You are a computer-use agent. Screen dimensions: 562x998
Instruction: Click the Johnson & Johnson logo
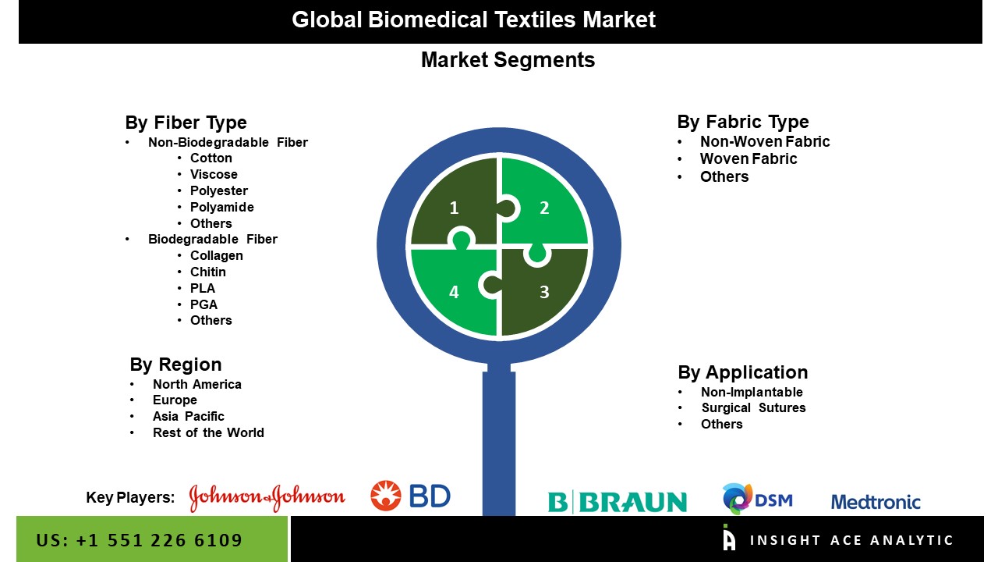[x=267, y=497]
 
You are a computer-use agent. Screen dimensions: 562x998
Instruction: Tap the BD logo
[x=410, y=496]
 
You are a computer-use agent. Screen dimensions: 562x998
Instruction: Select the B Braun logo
[x=618, y=502]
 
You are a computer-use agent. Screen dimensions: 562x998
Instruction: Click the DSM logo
[x=757, y=499]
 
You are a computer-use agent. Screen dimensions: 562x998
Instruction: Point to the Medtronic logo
[x=876, y=502]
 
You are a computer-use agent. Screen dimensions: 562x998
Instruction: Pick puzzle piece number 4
[x=454, y=292]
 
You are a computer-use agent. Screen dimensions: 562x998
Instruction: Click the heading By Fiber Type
[x=186, y=123]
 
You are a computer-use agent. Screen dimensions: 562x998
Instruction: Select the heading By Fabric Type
[x=743, y=122]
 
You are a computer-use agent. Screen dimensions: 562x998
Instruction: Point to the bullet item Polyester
[x=219, y=190]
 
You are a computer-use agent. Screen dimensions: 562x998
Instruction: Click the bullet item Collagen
[x=217, y=255]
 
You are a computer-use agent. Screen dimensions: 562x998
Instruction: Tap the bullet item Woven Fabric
[x=748, y=158]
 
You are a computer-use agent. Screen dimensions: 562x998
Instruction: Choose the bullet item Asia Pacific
[x=189, y=416]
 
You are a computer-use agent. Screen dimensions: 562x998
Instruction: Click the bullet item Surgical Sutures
[x=753, y=407]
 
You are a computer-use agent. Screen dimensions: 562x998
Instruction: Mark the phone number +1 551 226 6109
[x=140, y=540]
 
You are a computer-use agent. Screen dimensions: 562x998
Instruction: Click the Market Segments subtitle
[x=508, y=60]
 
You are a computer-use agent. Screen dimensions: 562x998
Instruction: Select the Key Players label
[x=130, y=498]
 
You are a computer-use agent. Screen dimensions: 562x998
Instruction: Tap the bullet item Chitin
[x=208, y=272]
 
